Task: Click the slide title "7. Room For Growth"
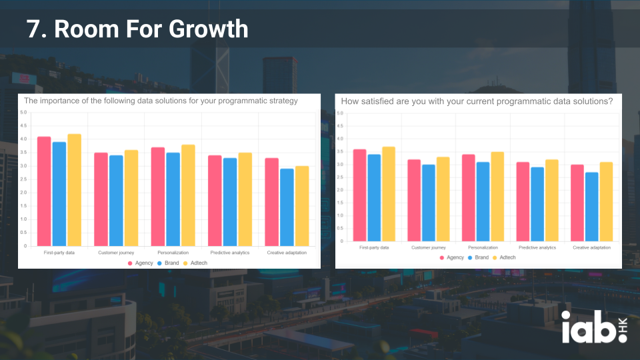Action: pyautogui.click(x=137, y=29)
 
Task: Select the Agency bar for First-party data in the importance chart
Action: pyautogui.click(x=44, y=191)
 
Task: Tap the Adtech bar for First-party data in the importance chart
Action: pyautogui.click(x=74, y=190)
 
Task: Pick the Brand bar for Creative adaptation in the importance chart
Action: pyautogui.click(x=287, y=207)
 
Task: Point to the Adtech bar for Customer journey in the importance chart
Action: pyautogui.click(x=131, y=198)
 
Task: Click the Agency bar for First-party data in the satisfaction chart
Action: pyautogui.click(x=359, y=195)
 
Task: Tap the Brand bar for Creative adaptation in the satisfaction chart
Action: pyautogui.click(x=591, y=207)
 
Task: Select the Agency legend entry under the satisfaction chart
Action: pyautogui.click(x=451, y=257)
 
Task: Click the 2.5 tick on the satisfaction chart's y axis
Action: pyautogui.click(x=340, y=177)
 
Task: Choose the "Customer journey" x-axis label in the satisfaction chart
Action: pyautogui.click(x=428, y=247)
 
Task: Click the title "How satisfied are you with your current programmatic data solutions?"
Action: pyautogui.click(x=477, y=101)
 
